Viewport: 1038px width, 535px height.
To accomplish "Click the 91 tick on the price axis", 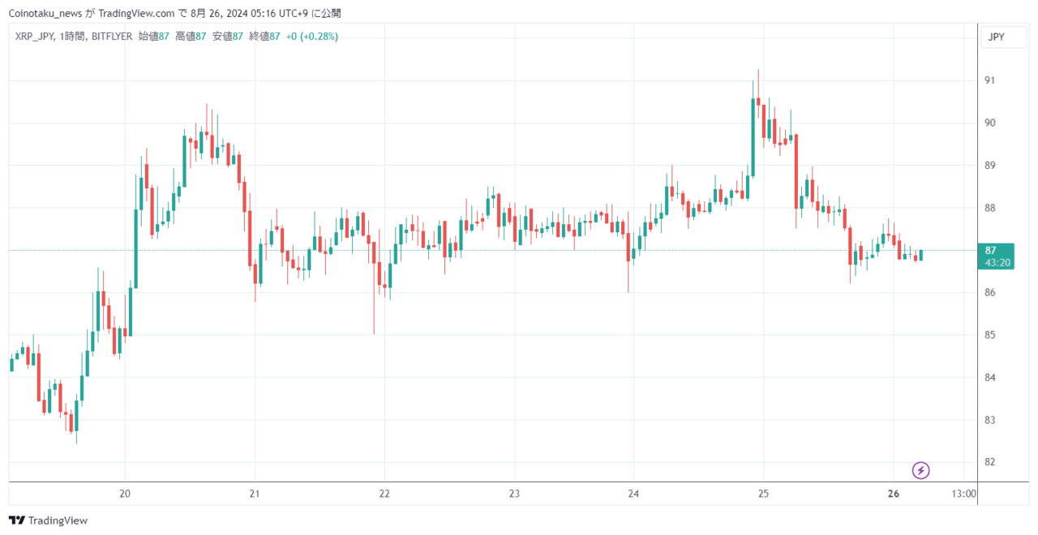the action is [x=990, y=80].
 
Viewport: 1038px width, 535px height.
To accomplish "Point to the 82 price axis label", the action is [x=990, y=462].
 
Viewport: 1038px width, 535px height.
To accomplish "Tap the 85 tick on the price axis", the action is [x=990, y=334].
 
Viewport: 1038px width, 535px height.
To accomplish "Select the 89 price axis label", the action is [x=990, y=165].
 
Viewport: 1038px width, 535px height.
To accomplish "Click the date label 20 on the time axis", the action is [x=125, y=494].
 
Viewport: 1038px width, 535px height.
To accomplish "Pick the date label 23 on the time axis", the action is [x=514, y=494].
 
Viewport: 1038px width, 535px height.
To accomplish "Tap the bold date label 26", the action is [x=894, y=494].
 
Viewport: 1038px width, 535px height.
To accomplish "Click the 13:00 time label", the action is [x=964, y=494].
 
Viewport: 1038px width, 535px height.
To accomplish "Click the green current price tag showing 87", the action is [x=996, y=256].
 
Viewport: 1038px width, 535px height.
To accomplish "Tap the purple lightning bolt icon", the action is [x=920, y=471].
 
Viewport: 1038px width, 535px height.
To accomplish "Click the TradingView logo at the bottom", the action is [x=48, y=520].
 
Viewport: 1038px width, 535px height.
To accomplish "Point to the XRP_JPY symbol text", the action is [x=34, y=37].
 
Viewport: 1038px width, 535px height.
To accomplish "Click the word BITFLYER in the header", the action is [x=112, y=37].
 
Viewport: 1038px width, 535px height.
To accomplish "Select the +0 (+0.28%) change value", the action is [x=312, y=37].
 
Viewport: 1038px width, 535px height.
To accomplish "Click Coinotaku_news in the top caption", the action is [x=45, y=14].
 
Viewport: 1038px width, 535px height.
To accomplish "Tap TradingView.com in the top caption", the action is [x=136, y=14].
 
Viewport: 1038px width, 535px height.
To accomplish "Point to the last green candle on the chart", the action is [x=920, y=255].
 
